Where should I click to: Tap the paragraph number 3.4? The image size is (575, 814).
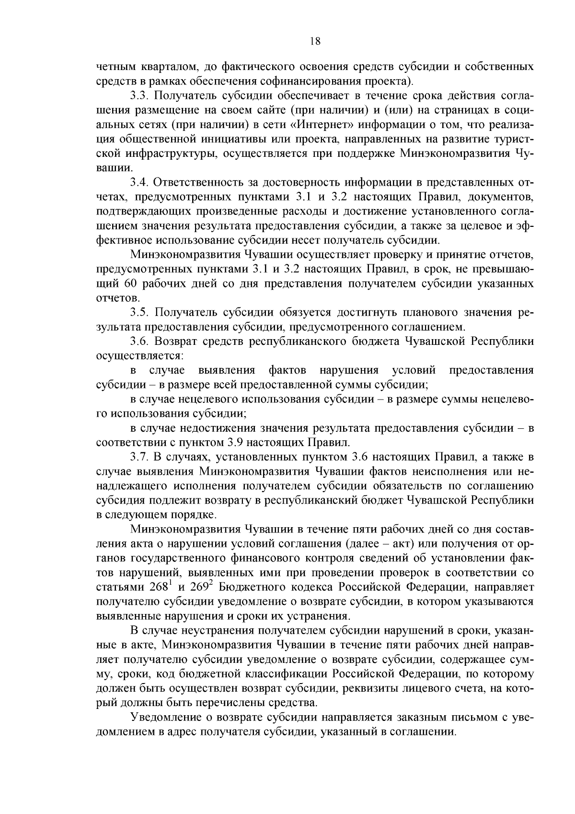click(x=139, y=183)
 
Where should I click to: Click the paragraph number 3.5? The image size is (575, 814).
click(x=139, y=313)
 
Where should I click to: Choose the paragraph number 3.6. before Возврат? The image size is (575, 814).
click(x=139, y=342)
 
